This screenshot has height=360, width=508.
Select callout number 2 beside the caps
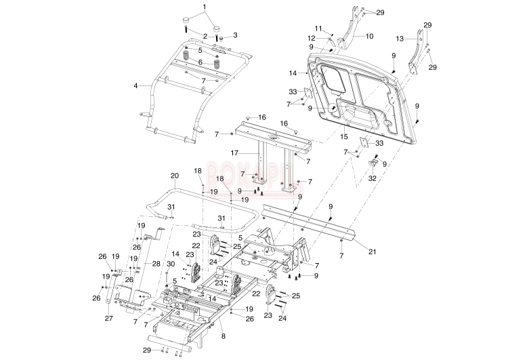tap(205, 35)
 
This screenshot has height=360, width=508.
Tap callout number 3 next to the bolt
tap(235, 35)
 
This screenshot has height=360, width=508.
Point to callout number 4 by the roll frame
tap(136, 86)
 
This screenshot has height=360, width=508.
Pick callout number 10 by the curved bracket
tap(370, 35)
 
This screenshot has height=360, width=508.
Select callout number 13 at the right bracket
tap(400, 39)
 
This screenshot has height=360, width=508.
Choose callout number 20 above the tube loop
tap(174, 176)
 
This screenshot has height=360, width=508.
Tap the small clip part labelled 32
tap(374, 165)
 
